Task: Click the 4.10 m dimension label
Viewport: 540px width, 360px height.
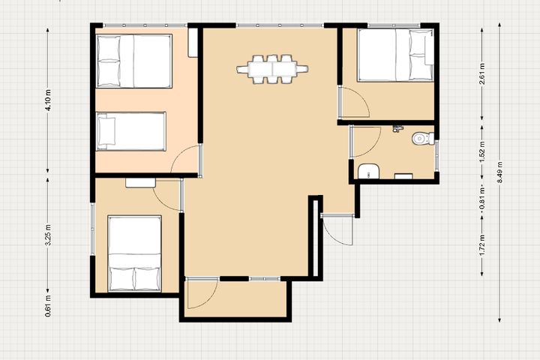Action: pos(48,100)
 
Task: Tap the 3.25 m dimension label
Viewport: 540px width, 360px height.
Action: pos(48,235)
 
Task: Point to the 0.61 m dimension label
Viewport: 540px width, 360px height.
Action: pos(48,306)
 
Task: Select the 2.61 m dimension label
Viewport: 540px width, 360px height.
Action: pos(482,74)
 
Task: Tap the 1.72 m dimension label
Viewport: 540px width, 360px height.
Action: pos(482,246)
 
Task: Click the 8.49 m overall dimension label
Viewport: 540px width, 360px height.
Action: pos(500,172)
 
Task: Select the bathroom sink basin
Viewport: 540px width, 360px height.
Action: pos(368,172)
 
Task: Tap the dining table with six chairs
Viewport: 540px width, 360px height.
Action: pos(272,69)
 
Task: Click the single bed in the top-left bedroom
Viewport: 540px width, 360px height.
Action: pos(131,131)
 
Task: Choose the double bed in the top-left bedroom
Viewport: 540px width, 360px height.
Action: pos(134,61)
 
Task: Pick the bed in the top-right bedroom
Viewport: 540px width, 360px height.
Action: pos(395,55)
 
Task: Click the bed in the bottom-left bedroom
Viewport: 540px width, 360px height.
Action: pos(135,253)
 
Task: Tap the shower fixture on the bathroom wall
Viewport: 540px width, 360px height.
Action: pos(397,129)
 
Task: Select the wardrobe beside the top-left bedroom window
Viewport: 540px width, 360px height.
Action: pos(193,42)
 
